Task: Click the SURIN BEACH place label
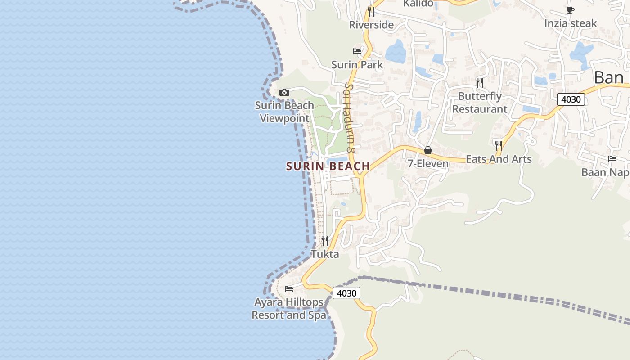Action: coord(328,166)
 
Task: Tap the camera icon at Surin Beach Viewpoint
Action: coord(284,93)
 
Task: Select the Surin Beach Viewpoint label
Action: coord(284,112)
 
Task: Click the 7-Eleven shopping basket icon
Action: coord(428,150)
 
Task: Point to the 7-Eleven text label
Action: coord(428,163)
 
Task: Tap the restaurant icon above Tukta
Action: coord(325,241)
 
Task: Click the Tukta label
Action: coord(325,254)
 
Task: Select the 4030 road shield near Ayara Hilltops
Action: coord(346,293)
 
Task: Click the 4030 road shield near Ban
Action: coord(571,99)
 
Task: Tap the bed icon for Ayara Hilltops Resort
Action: coord(289,288)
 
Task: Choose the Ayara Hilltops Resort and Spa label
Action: coord(289,308)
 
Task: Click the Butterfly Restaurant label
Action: coord(480,103)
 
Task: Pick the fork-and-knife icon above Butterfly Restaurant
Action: coord(480,82)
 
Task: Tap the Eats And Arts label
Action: coord(499,159)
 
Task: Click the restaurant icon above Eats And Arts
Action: coord(499,145)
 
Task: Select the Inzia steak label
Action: coord(571,23)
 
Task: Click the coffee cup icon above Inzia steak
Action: coord(571,10)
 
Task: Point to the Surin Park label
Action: coord(357,65)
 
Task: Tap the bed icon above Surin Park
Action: coord(357,51)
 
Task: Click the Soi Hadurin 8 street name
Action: coord(350,117)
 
